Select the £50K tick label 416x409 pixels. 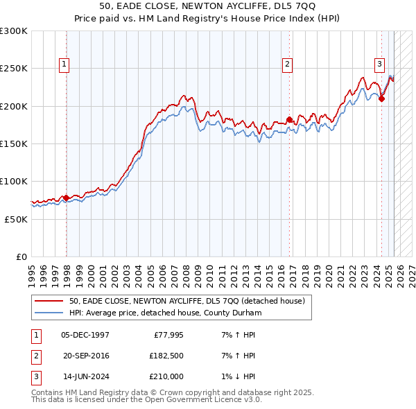[x=17, y=218]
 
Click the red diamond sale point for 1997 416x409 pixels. [x=66, y=198]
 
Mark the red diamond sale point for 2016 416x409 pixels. [x=289, y=119]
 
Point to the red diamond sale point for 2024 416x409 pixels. [x=381, y=98]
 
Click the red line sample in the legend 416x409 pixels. [x=50, y=302]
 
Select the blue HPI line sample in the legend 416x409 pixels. [x=50, y=313]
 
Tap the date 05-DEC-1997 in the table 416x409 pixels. [x=85, y=335]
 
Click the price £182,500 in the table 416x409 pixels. [x=166, y=356]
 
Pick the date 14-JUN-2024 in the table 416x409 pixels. [x=85, y=376]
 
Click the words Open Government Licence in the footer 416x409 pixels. [x=187, y=400]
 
